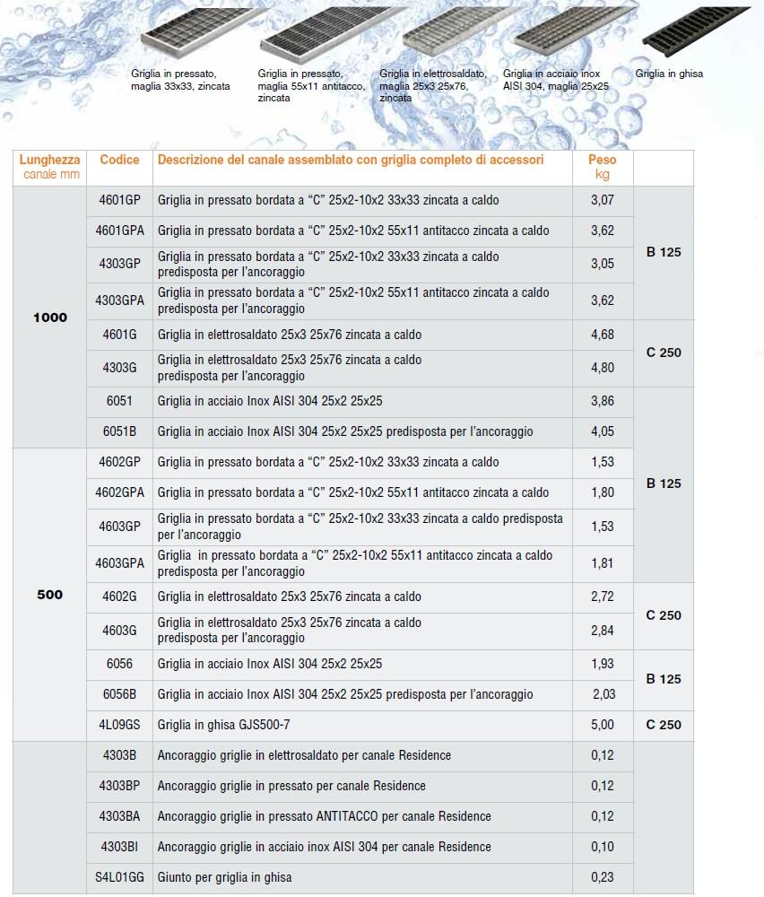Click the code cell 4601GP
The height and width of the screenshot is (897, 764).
pyautogui.click(x=119, y=200)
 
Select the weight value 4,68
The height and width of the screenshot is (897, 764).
pyautogui.click(x=603, y=335)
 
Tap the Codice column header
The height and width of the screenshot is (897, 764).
pyautogui.click(x=119, y=160)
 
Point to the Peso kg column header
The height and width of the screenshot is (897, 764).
pyautogui.click(x=603, y=167)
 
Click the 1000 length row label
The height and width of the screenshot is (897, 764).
pyautogui.click(x=50, y=318)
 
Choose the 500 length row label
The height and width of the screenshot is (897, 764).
pyautogui.click(x=50, y=595)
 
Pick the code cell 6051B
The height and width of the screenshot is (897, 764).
pyautogui.click(x=119, y=431)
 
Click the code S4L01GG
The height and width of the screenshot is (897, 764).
pyautogui.click(x=119, y=877)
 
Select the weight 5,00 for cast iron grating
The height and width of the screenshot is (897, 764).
pyautogui.click(x=603, y=725)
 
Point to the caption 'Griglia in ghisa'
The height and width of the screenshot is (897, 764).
pyautogui.click(x=669, y=74)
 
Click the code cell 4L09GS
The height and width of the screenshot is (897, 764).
pyautogui.click(x=119, y=725)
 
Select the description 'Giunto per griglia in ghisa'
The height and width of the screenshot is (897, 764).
pyautogui.click(x=224, y=877)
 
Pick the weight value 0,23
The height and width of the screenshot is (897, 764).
pyautogui.click(x=603, y=877)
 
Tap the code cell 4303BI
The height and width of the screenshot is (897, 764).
pyautogui.click(x=119, y=847)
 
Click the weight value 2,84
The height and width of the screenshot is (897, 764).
pyautogui.click(x=603, y=631)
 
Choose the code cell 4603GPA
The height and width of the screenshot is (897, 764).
pyautogui.click(x=119, y=563)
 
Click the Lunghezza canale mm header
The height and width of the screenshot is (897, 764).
pyautogui.click(x=50, y=167)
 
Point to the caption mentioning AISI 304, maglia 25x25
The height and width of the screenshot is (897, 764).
pyautogui.click(x=555, y=80)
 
